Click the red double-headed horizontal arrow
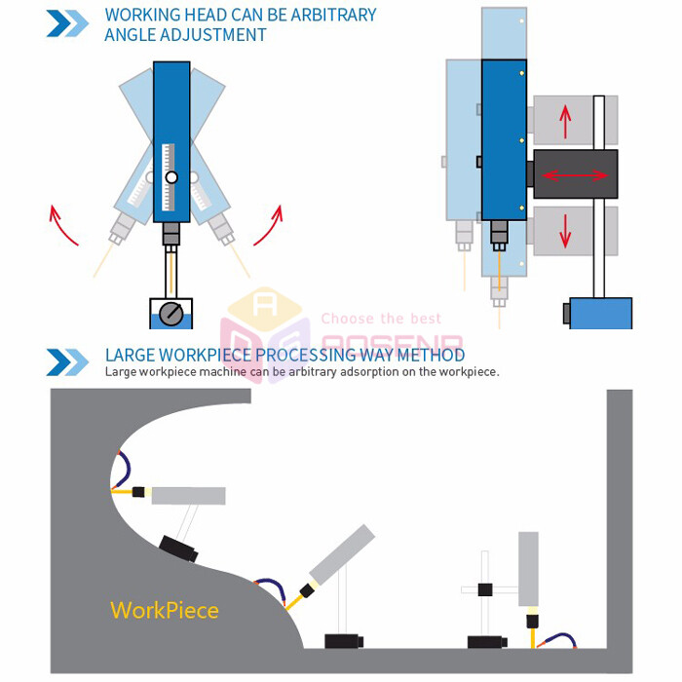point(575,175)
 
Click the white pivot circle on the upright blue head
point(171,177)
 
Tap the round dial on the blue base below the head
point(170,314)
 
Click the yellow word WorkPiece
point(164,611)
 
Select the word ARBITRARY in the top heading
point(328,16)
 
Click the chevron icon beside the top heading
point(67,23)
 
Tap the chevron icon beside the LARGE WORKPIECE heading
point(67,361)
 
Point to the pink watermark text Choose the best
point(381,319)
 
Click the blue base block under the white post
point(599,313)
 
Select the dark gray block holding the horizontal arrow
point(575,175)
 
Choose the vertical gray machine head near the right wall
point(529,569)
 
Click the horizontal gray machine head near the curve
point(188,496)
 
